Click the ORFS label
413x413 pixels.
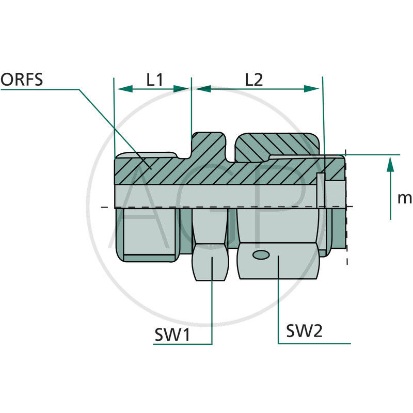tap(21, 80)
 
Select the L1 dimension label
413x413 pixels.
tap(154, 80)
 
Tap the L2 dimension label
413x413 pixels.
tap(254, 80)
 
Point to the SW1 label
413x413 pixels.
tap(172, 335)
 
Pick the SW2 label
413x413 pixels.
tap(304, 330)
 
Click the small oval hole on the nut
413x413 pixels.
tap(261, 255)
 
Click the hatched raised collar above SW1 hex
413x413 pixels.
tap(209, 147)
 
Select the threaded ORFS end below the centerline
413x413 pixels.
tap(147, 232)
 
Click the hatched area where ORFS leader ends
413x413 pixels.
tap(150, 166)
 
